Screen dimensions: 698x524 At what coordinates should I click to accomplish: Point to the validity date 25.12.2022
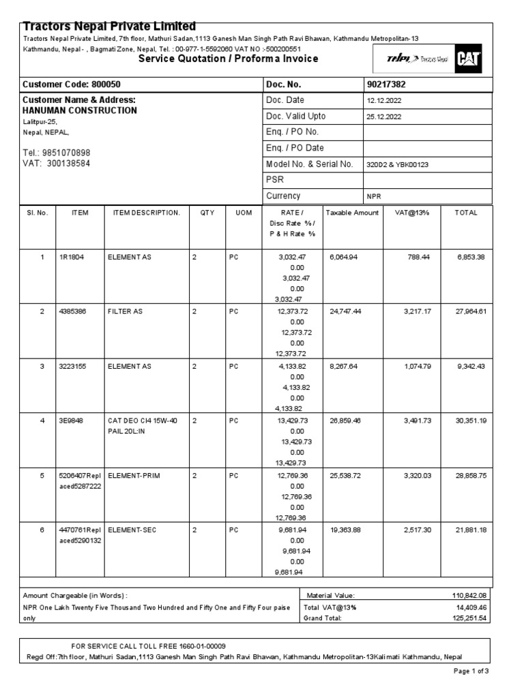(384, 117)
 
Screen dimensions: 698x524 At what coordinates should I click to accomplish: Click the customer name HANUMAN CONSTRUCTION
(80, 110)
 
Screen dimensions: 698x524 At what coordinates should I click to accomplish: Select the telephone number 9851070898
(66, 153)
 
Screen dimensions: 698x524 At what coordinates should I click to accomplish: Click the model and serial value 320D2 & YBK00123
(397, 165)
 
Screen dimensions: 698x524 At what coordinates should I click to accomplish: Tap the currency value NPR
(374, 196)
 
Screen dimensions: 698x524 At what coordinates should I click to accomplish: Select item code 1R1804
(72, 257)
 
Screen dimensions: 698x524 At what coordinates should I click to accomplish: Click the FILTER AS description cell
(126, 312)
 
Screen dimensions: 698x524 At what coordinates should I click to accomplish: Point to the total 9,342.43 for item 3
(470, 366)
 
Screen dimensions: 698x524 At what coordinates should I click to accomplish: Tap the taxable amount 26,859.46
(345, 421)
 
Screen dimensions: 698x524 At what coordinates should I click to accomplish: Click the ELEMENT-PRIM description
(134, 475)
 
